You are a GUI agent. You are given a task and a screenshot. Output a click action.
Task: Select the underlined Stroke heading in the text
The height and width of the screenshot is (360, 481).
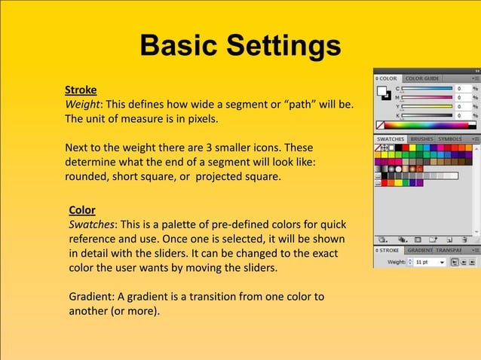(81, 90)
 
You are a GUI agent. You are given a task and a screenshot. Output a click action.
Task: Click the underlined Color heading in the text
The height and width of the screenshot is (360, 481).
(82, 209)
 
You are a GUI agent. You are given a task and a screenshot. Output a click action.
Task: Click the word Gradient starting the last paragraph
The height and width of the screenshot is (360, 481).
(91, 297)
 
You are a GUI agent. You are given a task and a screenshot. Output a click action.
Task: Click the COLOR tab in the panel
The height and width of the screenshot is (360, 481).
(388, 78)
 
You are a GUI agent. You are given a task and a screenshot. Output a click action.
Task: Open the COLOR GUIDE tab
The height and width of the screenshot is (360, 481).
(422, 78)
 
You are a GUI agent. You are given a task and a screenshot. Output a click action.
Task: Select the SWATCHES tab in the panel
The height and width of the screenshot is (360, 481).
(391, 139)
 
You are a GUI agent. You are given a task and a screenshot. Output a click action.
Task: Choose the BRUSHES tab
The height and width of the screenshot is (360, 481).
(422, 139)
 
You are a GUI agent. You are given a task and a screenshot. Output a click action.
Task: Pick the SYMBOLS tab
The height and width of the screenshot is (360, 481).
(450, 139)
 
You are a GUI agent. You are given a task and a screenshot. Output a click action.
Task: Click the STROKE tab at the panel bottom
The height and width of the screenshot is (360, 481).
(389, 250)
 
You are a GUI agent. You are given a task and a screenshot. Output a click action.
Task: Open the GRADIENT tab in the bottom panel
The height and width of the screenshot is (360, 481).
(420, 250)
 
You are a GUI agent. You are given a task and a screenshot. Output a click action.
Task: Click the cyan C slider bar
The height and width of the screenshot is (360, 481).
(427, 88)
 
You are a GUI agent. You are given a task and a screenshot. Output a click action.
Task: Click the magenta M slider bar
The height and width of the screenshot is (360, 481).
(427, 97)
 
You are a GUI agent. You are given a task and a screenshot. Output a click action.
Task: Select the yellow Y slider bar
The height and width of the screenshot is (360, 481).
(427, 106)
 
